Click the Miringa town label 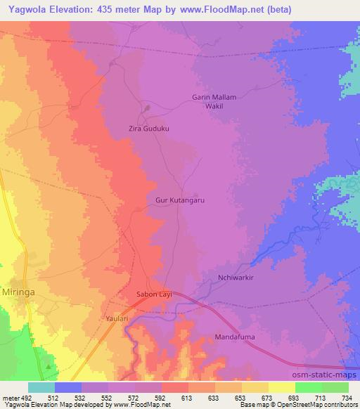19,290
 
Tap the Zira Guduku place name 149,129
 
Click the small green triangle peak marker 47,365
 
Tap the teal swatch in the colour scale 41,387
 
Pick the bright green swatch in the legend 309,387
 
